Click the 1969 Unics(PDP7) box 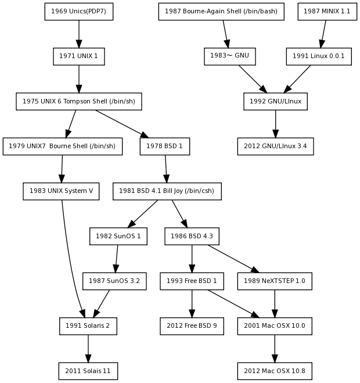coord(79,11)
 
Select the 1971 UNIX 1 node coord(79,56)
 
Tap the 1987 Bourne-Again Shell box coord(221,11)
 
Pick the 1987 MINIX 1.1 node coord(327,11)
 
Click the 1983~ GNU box coord(230,56)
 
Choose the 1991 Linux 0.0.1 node coord(318,56)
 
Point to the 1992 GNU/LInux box coord(275,102)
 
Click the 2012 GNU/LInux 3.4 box coord(275,146)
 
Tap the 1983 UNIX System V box coord(61,191)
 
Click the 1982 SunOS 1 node coord(118,237)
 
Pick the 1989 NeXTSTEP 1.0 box coord(275,281)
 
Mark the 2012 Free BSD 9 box coord(192,326)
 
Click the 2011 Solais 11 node coord(88,371)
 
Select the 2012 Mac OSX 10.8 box coord(275,371)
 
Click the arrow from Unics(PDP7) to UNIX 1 coord(79,34)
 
